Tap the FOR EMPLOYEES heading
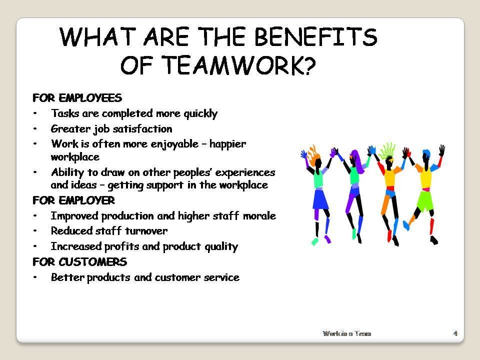click(x=77, y=97)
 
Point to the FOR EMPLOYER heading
click(x=73, y=200)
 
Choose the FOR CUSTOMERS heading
click(x=79, y=262)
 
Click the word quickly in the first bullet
click(x=198, y=113)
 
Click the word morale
click(x=260, y=216)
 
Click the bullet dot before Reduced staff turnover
click(x=35, y=231)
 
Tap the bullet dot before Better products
click(x=35, y=277)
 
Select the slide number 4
click(x=455, y=333)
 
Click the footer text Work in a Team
click(x=347, y=333)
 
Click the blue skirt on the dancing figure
click(x=319, y=199)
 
